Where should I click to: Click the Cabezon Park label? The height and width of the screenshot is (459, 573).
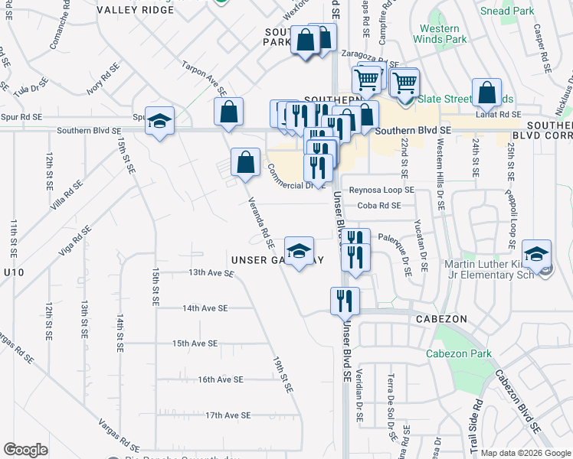tap(469, 353)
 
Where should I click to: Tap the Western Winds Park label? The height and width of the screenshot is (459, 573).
tap(440, 34)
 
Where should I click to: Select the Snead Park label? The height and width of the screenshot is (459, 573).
tap(506, 11)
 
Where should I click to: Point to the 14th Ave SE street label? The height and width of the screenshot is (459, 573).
tap(205, 308)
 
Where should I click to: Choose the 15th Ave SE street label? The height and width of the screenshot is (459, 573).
tap(195, 343)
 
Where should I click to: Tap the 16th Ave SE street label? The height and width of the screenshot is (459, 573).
tap(220, 379)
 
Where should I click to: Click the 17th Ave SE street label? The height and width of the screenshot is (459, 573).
tap(228, 415)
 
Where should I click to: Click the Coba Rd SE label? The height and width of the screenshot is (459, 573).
tap(378, 205)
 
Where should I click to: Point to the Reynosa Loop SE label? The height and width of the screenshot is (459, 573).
tap(381, 189)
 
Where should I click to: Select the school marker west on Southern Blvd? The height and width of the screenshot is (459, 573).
tap(160, 121)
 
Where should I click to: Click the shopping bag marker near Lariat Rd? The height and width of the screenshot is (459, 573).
tap(486, 93)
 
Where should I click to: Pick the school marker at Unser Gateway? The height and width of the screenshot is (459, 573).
tap(299, 250)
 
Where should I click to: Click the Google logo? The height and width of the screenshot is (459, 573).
tap(25, 449)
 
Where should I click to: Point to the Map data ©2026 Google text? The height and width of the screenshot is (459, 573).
tap(526, 453)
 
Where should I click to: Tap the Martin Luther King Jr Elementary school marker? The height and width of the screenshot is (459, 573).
tap(537, 253)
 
